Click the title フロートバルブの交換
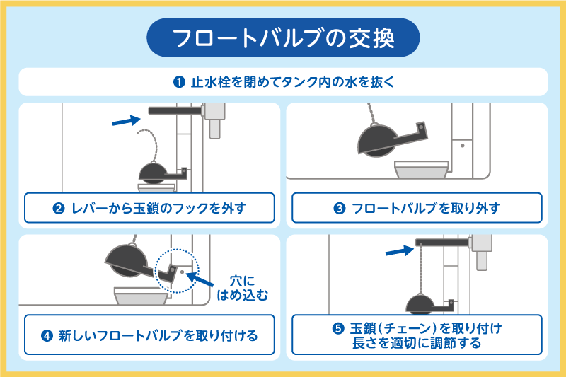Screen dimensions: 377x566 (x=283, y=37)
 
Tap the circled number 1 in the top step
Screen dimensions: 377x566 (x=179, y=81)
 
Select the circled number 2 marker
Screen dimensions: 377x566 (x=60, y=209)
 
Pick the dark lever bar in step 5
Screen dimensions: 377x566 (x=444, y=242)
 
